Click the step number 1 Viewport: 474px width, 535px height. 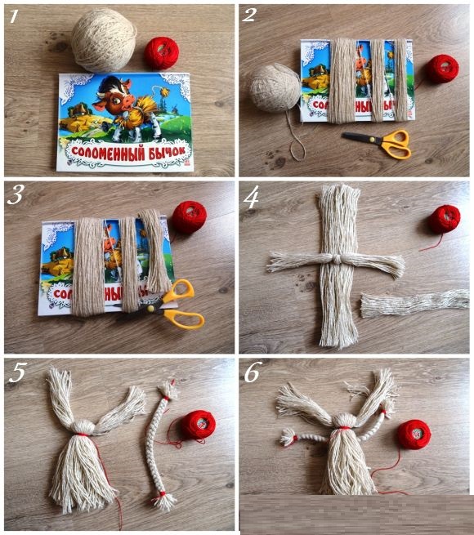point(15,16)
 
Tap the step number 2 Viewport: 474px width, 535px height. point(249,16)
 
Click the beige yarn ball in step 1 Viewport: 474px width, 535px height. point(104,40)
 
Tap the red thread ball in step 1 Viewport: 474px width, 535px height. point(162,53)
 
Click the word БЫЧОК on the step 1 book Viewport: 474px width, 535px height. point(168,151)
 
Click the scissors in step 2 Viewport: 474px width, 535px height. point(379,143)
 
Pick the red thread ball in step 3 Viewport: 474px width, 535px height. point(189,217)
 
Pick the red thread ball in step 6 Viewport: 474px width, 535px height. point(414,435)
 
